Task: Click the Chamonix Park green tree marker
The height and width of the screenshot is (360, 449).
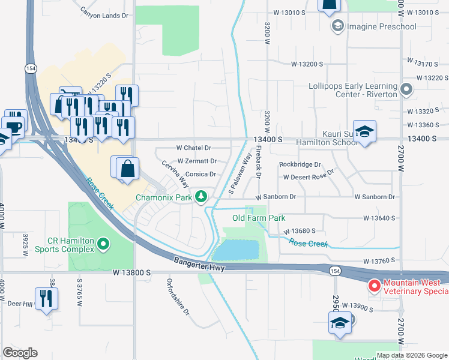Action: [x=202, y=196]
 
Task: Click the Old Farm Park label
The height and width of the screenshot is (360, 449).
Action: [x=259, y=218]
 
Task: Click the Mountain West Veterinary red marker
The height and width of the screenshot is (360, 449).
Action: [x=373, y=285]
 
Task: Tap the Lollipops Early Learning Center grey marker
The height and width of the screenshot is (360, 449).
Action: [x=406, y=90]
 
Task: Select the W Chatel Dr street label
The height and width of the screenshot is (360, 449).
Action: [x=194, y=148]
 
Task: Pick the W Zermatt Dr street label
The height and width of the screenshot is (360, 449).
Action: [x=197, y=161]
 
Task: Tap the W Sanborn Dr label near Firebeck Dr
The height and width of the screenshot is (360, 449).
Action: [x=276, y=197]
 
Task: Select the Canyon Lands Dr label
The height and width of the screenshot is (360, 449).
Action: [x=104, y=15]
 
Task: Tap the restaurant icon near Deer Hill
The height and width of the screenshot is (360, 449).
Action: [x=46, y=298]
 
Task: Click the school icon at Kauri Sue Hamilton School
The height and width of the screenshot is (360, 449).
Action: [x=364, y=131]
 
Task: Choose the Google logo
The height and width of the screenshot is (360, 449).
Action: [x=20, y=353]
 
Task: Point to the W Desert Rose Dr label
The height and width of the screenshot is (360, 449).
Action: [x=308, y=178]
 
